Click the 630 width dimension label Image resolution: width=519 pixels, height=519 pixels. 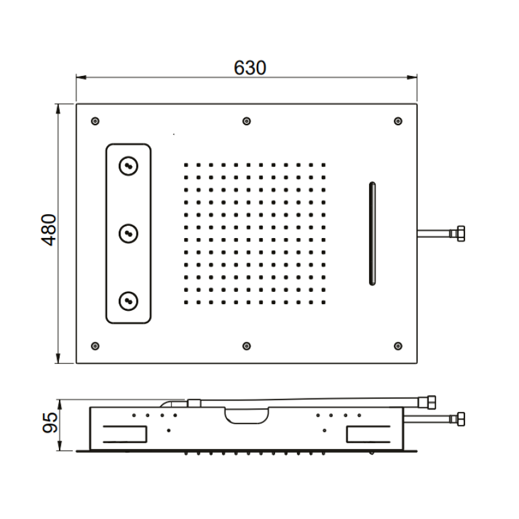250,68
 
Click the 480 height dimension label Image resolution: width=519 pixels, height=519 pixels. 49,230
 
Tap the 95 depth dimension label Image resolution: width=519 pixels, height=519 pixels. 50,423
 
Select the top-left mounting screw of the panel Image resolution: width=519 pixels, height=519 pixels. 95,121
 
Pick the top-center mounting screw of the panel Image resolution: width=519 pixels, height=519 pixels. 247,121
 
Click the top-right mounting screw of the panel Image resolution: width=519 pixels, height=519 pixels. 398,121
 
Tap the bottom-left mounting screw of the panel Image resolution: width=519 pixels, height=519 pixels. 95,346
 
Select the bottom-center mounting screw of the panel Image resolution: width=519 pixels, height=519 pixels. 247,346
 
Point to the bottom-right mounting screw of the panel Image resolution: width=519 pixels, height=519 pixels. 398,346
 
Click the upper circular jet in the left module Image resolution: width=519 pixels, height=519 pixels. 128,166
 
